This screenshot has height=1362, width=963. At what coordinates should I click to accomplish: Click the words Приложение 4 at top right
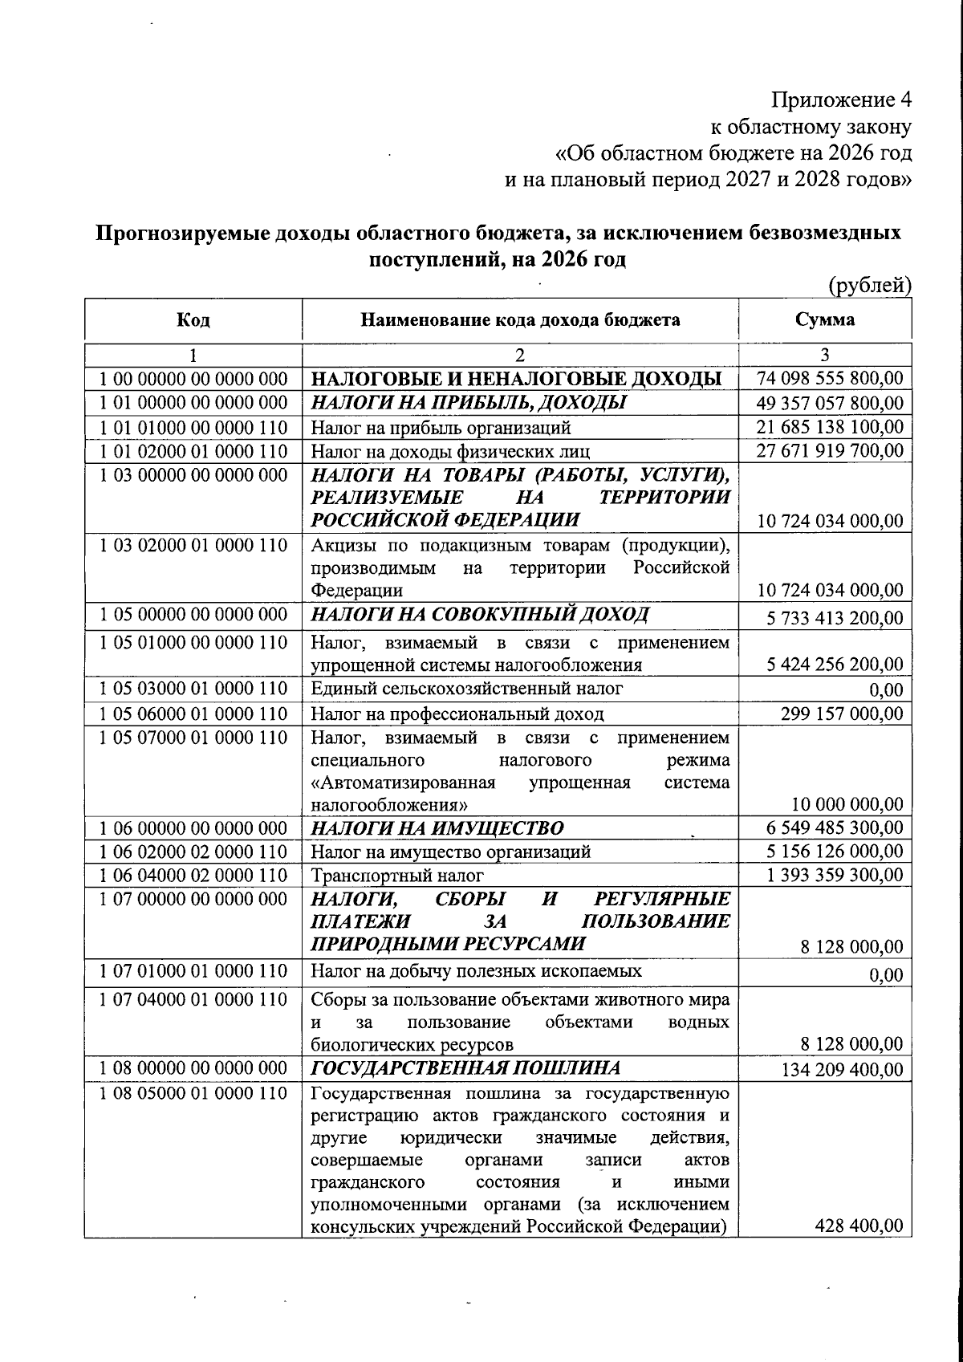point(842,100)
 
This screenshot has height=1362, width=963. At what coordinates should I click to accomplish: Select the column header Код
point(193,320)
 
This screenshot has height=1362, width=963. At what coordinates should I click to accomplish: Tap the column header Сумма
point(825,320)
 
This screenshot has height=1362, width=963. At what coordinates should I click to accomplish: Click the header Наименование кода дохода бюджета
point(520,320)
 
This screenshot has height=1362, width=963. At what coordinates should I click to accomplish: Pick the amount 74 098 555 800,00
point(830,379)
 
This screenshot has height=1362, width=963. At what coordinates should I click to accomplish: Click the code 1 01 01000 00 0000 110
point(193,428)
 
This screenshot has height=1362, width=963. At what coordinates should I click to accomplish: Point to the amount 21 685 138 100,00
point(830,427)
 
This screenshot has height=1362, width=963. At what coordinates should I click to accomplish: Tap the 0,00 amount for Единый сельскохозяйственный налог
point(886,690)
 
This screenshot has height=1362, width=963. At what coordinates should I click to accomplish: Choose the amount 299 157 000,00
point(841,714)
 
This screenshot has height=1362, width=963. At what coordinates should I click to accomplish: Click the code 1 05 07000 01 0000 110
point(193,738)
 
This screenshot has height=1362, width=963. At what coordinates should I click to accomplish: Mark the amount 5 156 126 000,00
point(835,852)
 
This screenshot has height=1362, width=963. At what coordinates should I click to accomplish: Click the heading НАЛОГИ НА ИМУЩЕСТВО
point(437,828)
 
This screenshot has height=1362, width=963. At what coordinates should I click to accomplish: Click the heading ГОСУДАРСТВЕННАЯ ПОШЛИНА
point(465,1068)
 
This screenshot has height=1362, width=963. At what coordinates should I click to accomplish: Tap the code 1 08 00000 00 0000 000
point(193,1068)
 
